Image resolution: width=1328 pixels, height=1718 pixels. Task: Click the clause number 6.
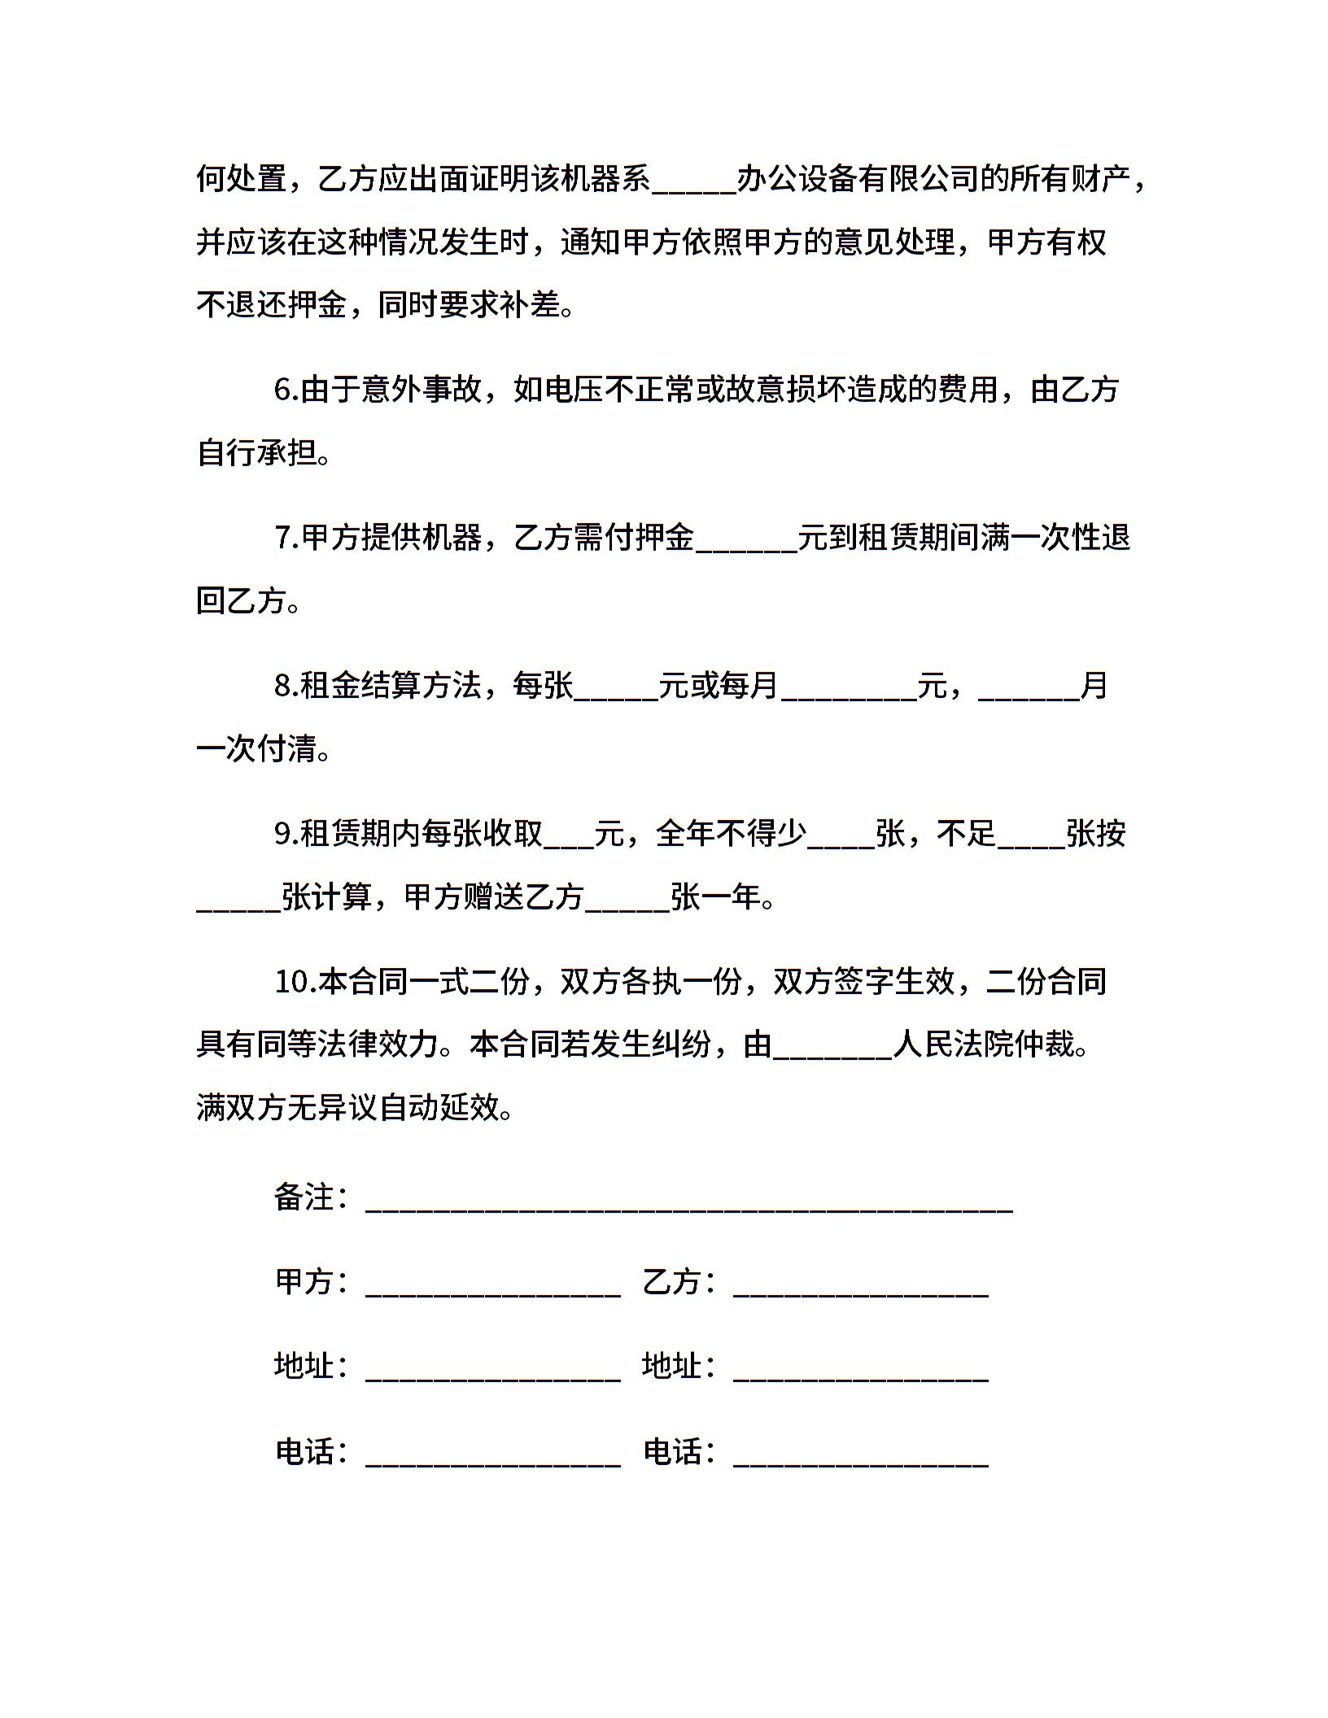pos(284,390)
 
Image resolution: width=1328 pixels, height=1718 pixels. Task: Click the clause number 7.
pos(284,539)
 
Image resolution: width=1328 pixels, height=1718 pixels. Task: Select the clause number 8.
pos(284,687)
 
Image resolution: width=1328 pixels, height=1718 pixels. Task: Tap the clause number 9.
pos(284,834)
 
